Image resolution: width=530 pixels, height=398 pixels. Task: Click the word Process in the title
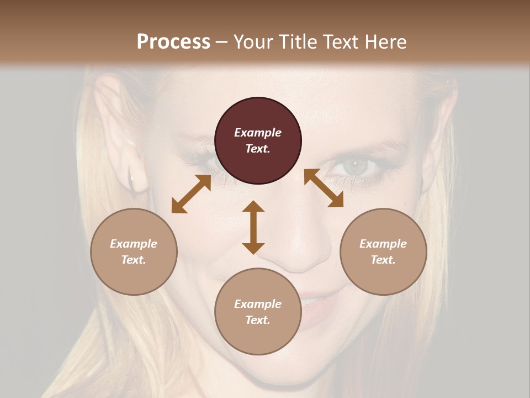point(173,42)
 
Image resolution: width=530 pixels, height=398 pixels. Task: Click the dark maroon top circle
point(258,140)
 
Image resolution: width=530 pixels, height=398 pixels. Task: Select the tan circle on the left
point(134,252)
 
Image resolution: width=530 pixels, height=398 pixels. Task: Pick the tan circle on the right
point(383,252)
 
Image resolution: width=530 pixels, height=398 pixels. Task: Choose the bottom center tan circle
point(258,312)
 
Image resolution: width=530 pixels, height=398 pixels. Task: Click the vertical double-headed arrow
point(253,227)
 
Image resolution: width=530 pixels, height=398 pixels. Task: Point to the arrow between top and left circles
point(191,194)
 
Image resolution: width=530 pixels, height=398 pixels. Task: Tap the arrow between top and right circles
point(324,188)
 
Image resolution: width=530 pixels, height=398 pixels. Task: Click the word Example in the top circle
point(258,133)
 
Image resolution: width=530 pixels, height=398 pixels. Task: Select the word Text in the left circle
point(134,260)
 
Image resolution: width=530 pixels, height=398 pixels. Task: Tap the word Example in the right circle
point(383,244)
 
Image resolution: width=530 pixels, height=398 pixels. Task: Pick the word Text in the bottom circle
point(258,320)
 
